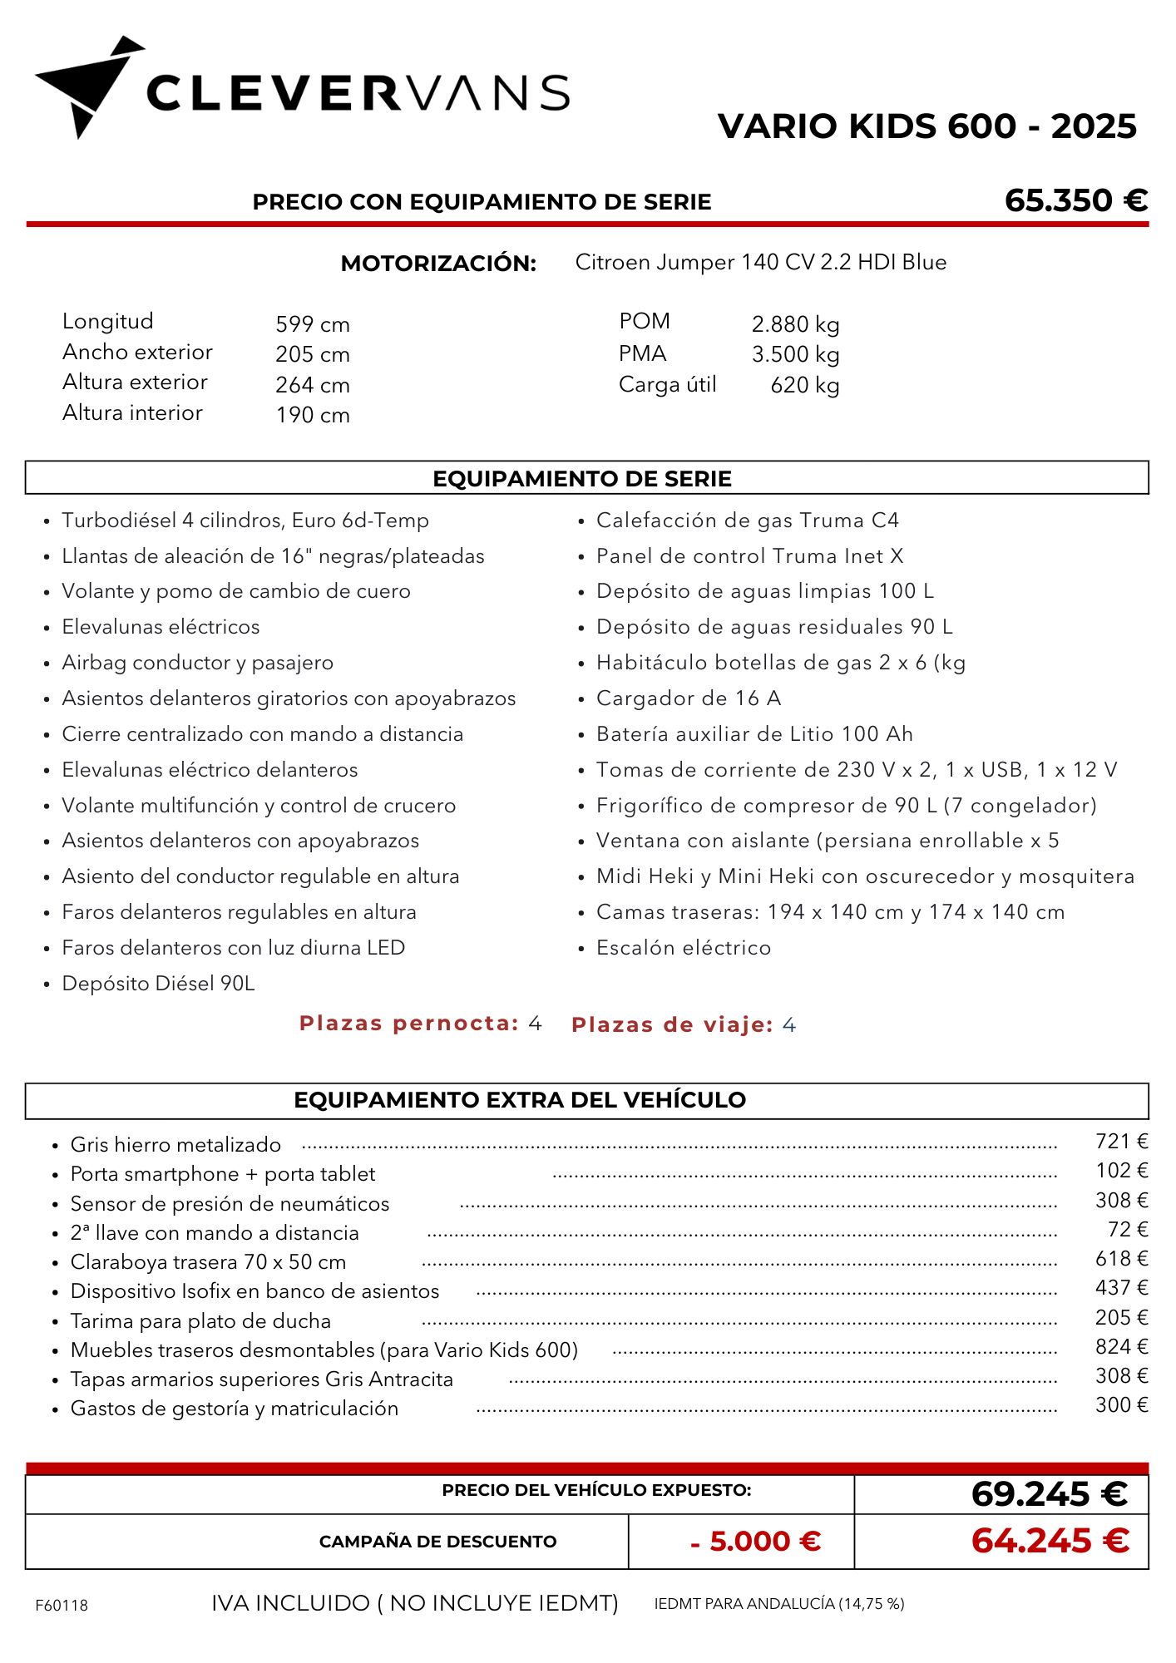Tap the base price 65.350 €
[x=1075, y=200]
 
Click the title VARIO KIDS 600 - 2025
[x=926, y=126]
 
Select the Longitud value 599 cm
[x=313, y=324]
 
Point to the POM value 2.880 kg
[x=795, y=324]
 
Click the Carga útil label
[x=667, y=385]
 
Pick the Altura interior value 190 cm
[x=313, y=415]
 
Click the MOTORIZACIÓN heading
[x=438, y=264]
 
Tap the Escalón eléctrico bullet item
[x=683, y=948]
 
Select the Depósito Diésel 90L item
[x=158, y=984]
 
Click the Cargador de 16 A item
[x=688, y=698]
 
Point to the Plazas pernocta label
[x=408, y=1024]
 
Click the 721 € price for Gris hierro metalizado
[x=1121, y=1142]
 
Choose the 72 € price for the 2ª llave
[x=1127, y=1230]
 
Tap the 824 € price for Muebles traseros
[x=1121, y=1347]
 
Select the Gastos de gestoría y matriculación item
[x=234, y=1409]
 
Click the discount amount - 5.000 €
[x=755, y=1542]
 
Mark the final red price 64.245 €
[x=1050, y=1541]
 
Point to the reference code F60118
[x=62, y=1606]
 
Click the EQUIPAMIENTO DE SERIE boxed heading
[x=582, y=479]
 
